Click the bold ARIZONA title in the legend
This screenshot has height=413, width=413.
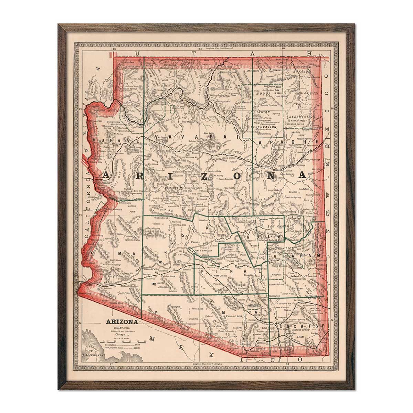pyautogui.click(x=122, y=322)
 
